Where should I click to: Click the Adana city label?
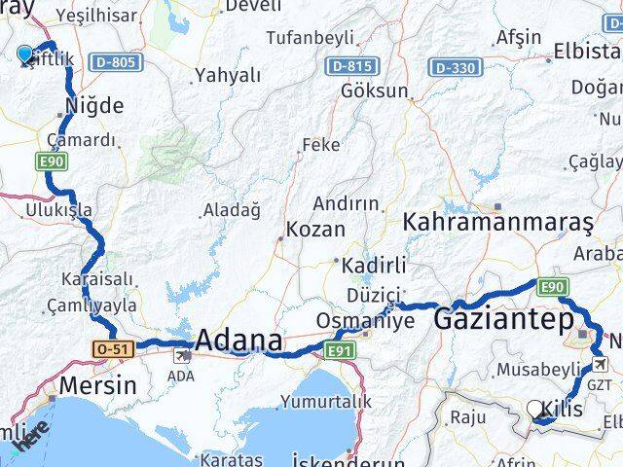pos(239,341)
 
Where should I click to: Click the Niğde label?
pos(93,105)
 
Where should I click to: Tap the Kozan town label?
pos(316,231)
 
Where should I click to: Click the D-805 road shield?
pos(118,62)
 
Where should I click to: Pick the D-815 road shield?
pos(349,66)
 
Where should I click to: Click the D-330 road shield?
pos(455,67)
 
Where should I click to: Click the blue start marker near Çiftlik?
pos(25,54)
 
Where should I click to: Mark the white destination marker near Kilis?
pos(536,411)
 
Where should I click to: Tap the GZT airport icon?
pos(602,365)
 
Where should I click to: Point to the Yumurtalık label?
pos(325,401)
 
